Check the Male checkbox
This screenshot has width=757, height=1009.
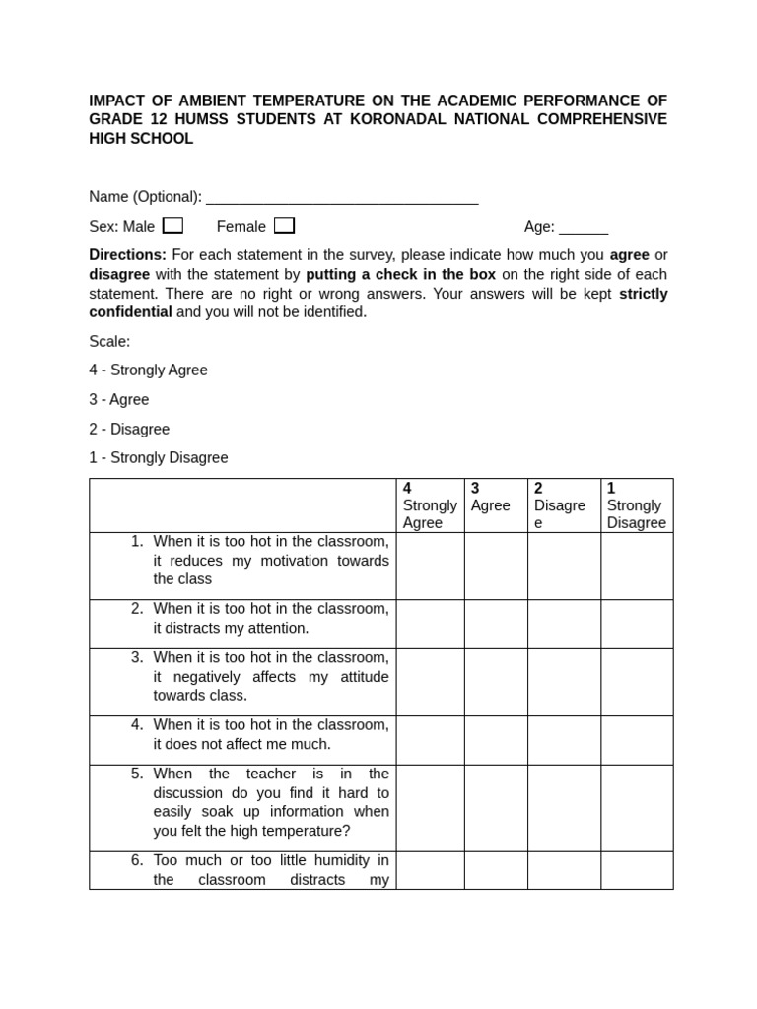point(172,226)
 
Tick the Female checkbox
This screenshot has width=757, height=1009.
point(284,226)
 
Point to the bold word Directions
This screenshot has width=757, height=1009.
point(127,255)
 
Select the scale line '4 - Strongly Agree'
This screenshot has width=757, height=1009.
point(148,370)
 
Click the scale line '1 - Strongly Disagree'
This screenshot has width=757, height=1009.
point(158,458)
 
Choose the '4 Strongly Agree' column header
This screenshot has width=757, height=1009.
point(430,505)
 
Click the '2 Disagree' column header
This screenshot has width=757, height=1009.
point(563,505)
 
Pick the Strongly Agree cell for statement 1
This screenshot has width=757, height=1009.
point(430,566)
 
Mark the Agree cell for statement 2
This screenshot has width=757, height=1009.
point(495,624)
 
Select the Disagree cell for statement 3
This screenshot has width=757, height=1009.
point(563,682)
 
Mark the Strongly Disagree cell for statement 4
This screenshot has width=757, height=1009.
point(637,740)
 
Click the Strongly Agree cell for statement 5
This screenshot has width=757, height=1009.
point(430,808)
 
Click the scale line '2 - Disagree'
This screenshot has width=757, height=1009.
point(129,430)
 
